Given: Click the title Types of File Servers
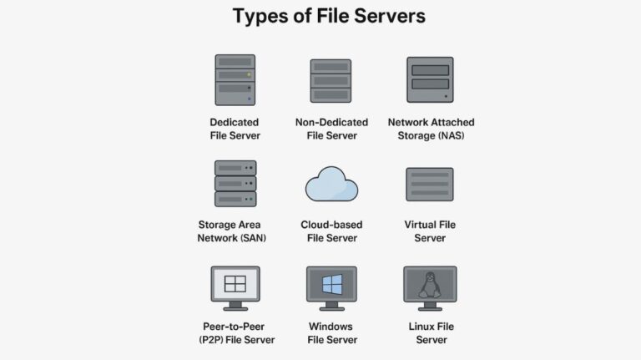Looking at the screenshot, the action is [329, 17].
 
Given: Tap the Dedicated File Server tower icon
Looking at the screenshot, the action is [235, 80].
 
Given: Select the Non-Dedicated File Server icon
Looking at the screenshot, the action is [331, 80].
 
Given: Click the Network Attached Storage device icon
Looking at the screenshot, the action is [430, 79].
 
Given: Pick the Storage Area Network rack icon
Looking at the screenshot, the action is [235, 183].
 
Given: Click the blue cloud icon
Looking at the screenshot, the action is [331, 184].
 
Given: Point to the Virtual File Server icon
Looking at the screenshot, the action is [430, 184].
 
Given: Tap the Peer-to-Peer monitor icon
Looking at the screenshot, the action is [235, 288].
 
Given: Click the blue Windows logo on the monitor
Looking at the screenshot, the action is [332, 284].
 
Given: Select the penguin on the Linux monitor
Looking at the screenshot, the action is [430, 285].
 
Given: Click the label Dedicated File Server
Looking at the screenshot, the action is [235, 129].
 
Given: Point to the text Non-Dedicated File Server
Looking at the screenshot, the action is [332, 129].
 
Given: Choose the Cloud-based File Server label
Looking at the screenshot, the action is [331, 231].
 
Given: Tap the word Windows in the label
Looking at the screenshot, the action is [331, 327].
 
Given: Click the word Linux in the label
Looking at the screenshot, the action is [420, 327].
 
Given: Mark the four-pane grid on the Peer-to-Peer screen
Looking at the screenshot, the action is [235, 283].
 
